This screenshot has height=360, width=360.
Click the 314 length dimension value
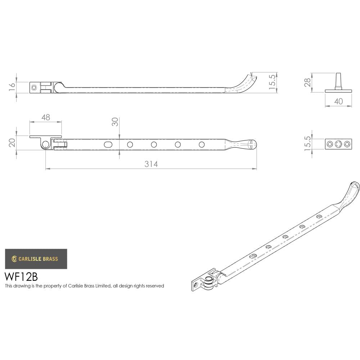151,164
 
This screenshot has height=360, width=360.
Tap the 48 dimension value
45,117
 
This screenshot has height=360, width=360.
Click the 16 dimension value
12,87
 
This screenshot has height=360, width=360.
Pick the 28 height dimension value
307,82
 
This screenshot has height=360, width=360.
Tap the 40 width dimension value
338,102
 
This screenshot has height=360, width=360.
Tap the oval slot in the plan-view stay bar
108,144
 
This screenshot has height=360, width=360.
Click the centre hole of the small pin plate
338,144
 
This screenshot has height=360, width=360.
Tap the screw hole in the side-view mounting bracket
34,87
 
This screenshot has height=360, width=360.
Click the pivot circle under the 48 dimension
45,144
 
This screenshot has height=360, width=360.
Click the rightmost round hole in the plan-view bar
202,144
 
